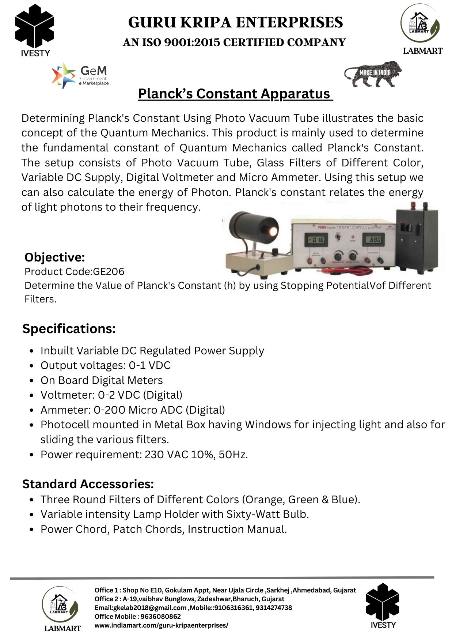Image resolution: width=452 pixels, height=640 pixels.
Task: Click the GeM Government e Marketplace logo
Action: (80, 75)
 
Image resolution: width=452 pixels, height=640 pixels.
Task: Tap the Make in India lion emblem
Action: (373, 74)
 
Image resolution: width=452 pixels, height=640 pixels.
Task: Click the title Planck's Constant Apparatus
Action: (235, 94)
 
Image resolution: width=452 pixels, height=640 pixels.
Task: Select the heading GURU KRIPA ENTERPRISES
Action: (235, 22)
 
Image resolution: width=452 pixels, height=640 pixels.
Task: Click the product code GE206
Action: (109, 271)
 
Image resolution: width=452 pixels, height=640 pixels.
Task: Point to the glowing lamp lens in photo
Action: (272, 231)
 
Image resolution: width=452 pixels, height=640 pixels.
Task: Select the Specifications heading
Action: (69, 328)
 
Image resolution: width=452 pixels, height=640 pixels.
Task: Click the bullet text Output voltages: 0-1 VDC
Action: (106, 365)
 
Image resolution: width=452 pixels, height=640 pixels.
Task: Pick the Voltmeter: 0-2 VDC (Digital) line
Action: (111, 395)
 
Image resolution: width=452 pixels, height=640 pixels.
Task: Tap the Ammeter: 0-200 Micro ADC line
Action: (133, 410)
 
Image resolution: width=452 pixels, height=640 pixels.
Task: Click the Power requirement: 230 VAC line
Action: (144, 455)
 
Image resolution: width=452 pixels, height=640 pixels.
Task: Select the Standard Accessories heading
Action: (88, 484)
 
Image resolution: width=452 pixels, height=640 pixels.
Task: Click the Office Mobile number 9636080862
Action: (161, 617)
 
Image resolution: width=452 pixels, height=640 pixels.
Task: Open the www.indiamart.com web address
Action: (161, 625)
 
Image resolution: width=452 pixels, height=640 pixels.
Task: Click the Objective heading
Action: (54, 257)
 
